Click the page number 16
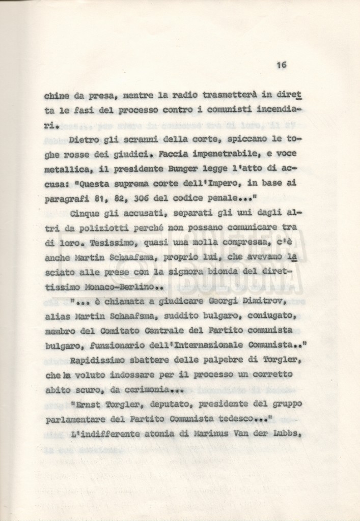(x=282, y=65)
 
